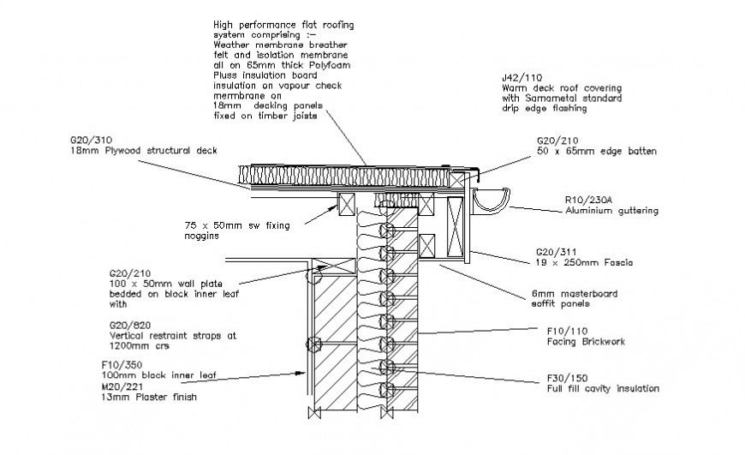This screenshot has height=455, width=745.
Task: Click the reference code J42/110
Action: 521,78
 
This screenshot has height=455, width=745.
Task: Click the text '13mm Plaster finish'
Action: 148,397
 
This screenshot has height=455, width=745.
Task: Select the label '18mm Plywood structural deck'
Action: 144,149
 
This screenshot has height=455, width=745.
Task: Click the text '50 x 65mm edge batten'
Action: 596,151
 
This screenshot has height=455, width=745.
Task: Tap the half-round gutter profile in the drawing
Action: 492,201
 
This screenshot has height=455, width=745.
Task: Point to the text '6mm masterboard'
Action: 569,294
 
